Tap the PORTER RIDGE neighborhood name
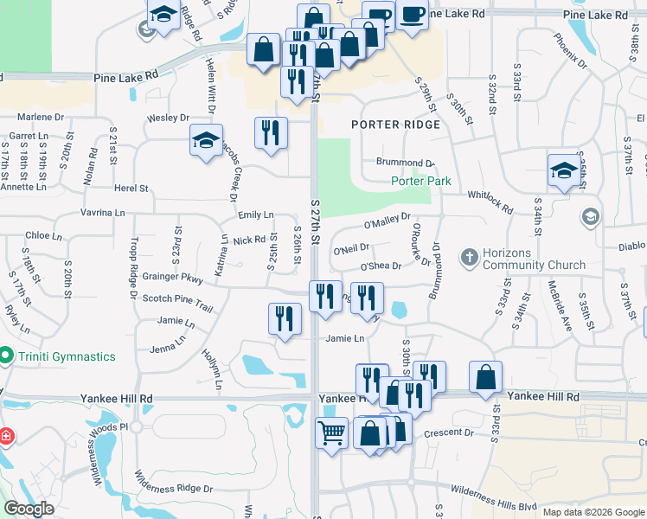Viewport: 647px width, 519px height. [396, 125]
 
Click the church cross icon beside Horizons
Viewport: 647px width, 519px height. [470, 257]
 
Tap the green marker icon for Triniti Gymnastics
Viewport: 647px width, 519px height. [5, 356]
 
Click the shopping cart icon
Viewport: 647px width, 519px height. [331, 432]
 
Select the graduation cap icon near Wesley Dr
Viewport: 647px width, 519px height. [205, 140]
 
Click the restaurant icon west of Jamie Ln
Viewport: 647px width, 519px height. [285, 318]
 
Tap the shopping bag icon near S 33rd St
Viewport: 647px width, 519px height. [485, 376]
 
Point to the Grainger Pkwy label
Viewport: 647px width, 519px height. [173, 279]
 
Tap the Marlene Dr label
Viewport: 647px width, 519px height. [42, 117]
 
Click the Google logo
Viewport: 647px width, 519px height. [29, 509]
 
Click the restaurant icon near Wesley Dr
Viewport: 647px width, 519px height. [271, 132]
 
